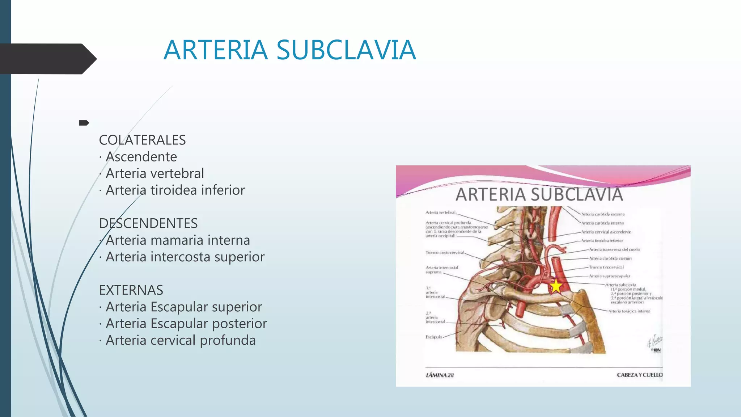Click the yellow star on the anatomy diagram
click(556, 286)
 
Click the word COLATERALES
click(142, 140)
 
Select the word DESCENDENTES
click(148, 223)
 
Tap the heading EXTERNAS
click(131, 290)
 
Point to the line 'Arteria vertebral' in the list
click(154, 173)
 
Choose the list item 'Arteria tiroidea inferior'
click(175, 190)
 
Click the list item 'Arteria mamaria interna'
click(178, 240)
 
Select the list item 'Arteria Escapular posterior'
click(186, 323)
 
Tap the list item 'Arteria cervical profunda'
click(181, 340)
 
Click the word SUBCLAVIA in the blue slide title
click(346, 50)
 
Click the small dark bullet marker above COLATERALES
click(84, 123)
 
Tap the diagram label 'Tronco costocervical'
click(444, 253)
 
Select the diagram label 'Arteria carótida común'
click(610, 258)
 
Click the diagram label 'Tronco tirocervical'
click(606, 267)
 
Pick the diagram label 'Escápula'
click(433, 337)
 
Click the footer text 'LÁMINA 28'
click(440, 375)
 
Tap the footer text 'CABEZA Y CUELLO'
click(639, 375)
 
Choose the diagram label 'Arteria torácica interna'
click(629, 311)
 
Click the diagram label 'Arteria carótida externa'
click(602, 214)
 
